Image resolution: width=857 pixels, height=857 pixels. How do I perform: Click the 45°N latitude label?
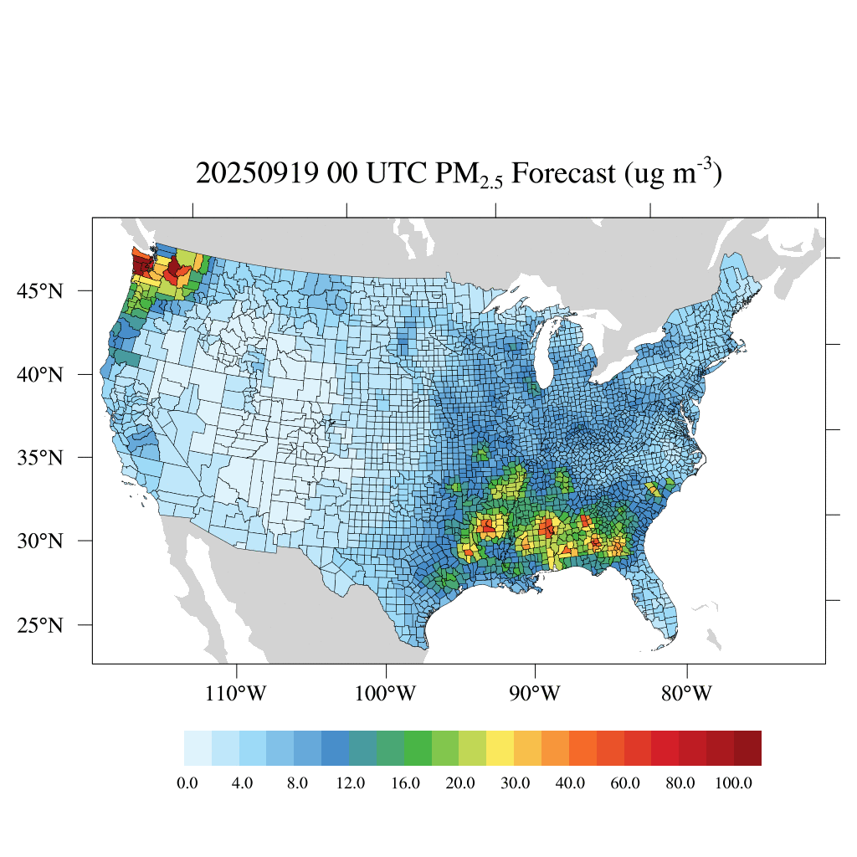click(41, 291)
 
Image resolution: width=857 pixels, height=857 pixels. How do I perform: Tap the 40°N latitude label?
click(41, 374)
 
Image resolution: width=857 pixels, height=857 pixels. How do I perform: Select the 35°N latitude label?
click(41, 458)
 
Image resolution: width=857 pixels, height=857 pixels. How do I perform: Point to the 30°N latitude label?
click(41, 541)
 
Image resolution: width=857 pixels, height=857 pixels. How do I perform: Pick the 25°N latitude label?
click(41, 625)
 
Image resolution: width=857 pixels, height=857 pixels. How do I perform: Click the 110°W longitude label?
click(237, 694)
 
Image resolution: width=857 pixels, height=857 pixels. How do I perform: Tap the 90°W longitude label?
click(536, 694)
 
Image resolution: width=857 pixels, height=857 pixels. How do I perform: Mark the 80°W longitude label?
click(687, 694)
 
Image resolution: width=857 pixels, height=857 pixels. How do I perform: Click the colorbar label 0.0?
click(187, 783)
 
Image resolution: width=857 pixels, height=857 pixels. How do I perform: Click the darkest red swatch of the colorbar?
click(747, 748)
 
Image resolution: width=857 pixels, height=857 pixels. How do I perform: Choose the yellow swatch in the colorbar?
click(500, 748)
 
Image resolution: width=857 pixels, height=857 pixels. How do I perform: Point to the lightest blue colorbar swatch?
click(198, 748)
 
